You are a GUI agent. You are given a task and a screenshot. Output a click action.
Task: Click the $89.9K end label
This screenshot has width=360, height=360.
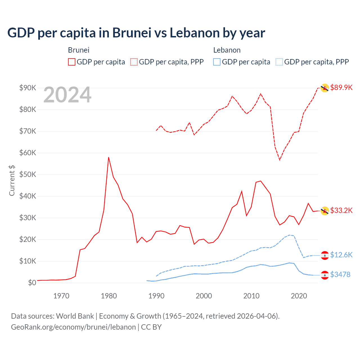point(341,87)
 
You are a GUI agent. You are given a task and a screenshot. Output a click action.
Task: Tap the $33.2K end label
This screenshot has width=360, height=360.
point(341,210)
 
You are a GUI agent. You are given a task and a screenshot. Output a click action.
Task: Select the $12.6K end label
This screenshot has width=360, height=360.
point(341,255)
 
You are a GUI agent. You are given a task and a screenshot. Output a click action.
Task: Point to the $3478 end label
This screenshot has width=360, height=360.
point(340,274)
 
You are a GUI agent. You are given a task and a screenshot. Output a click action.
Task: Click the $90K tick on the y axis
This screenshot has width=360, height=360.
point(28,88)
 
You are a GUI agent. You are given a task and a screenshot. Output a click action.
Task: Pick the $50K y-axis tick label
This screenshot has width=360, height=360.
point(28,174)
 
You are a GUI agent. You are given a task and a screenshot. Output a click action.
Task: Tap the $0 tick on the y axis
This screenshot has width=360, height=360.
point(32,283)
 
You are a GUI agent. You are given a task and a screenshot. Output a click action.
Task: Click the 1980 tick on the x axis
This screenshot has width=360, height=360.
point(109,296)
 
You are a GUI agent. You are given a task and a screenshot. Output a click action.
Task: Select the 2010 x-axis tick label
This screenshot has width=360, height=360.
point(251,296)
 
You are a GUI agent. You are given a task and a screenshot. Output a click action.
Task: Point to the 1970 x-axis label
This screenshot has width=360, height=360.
point(61,296)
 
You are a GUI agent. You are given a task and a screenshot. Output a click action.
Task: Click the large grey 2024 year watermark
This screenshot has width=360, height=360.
point(67,95)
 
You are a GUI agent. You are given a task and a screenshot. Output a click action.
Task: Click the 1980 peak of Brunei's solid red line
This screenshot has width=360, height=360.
point(109,157)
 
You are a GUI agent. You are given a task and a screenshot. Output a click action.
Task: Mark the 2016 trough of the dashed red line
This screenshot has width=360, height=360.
point(280,160)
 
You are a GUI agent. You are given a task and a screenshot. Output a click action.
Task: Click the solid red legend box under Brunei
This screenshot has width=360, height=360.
point(72,62)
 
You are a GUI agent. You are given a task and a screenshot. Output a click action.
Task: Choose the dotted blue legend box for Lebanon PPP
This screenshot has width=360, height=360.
point(279,62)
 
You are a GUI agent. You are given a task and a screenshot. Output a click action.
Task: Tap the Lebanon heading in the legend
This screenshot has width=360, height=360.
point(227,50)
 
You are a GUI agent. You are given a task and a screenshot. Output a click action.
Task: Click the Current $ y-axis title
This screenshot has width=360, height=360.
point(12,180)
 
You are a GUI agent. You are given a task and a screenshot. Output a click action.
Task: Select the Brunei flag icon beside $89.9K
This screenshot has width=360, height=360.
point(325,88)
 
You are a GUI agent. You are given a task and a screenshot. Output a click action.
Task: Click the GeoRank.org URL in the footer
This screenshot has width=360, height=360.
point(73,327)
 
